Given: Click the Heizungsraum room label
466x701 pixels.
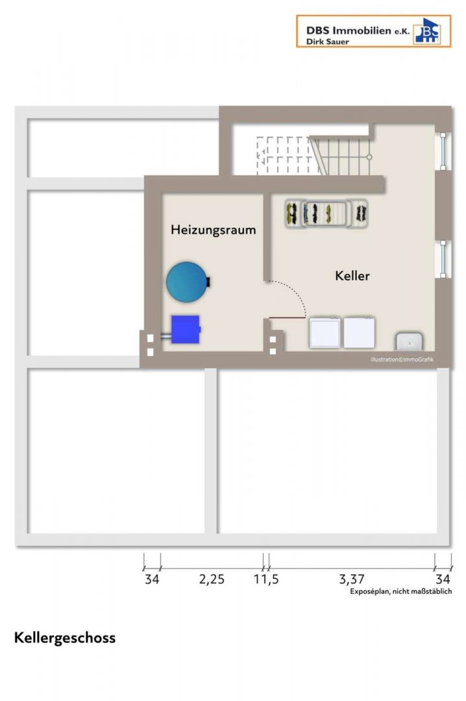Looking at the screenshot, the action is [214, 230].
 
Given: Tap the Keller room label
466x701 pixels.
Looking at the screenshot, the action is [352, 275].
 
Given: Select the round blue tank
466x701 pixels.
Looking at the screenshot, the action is [187, 282].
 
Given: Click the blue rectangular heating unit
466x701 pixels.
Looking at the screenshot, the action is [186, 330].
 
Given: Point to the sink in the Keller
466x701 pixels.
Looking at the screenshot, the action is [409, 341].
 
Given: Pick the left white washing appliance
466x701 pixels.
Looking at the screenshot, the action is [325, 332].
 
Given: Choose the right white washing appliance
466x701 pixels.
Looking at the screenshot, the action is [359, 332].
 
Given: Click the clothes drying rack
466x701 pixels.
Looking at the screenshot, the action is [326, 214].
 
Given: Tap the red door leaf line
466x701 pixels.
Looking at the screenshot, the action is [287, 318].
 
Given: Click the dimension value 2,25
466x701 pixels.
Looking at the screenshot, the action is [212, 580].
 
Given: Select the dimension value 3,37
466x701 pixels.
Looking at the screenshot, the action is [352, 580].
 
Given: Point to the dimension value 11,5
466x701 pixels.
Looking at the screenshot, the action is [266, 580].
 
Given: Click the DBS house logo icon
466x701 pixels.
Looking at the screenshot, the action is [427, 31].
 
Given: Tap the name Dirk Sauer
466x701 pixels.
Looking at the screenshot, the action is [327, 42].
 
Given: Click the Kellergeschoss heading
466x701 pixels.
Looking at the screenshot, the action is [65, 638].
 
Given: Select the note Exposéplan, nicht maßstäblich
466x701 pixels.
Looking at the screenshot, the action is [400, 591].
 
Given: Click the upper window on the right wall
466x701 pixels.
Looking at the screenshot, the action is [443, 151].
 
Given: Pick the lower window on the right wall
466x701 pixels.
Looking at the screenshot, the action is [443, 259].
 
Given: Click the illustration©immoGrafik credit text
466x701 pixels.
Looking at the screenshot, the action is [402, 360].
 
